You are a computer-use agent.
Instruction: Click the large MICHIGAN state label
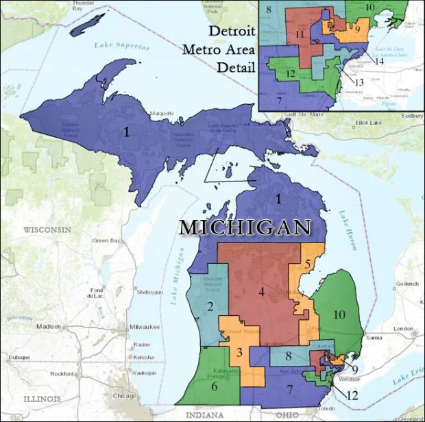coord(245,227)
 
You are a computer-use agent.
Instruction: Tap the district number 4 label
coord(261,293)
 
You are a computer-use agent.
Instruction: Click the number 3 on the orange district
coord(239,353)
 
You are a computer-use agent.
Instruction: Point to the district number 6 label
coord(215,387)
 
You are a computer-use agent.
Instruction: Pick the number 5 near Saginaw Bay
coord(308,264)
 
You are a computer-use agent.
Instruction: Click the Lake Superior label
coord(123,46)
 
